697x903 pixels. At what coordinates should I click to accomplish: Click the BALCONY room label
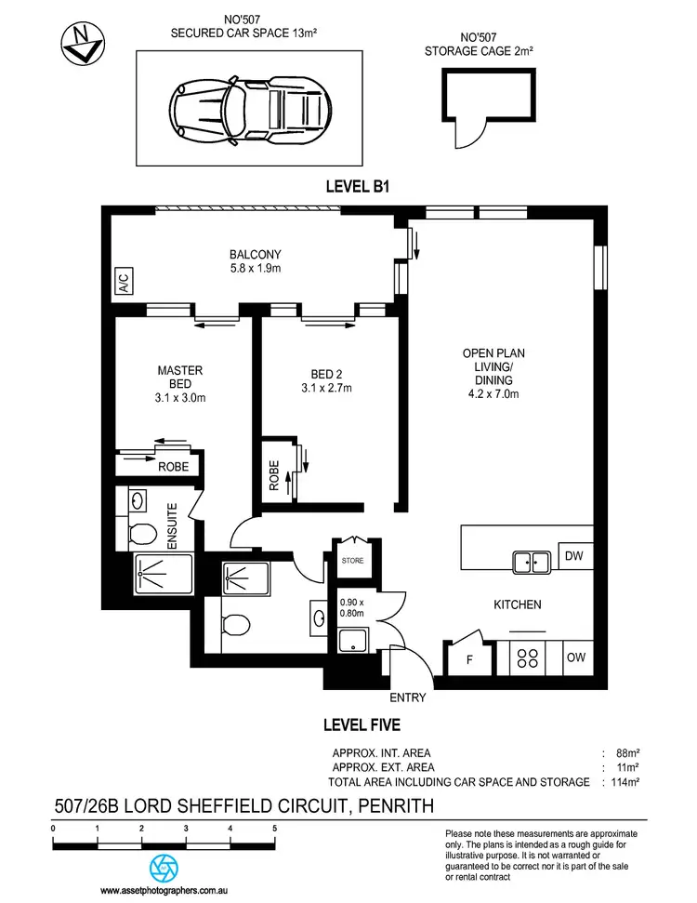255,254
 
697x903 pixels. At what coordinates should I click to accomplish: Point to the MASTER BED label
179,378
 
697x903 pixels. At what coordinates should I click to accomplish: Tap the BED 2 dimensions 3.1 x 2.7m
325,389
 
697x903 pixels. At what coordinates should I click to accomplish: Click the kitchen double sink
531,560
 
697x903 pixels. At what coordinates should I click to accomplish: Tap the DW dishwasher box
572,556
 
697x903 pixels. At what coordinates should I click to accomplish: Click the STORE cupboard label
352,561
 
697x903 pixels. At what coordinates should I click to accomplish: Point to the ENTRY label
408,697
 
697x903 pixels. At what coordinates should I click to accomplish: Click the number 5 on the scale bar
274,827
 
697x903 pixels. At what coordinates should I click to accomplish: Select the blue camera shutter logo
164,869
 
